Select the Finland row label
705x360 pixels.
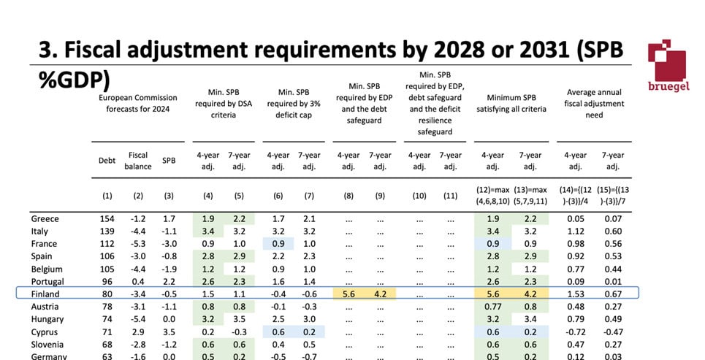(46, 294)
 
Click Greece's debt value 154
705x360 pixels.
(108, 218)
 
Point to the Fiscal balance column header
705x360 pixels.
(138, 161)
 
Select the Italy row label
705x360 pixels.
(41, 231)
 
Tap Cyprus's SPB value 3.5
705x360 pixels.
(169, 332)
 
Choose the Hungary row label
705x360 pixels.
(47, 319)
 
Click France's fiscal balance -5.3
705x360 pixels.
(138, 244)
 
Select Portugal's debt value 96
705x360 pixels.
(108, 281)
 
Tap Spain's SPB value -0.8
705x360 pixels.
(169, 256)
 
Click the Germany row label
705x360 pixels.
(49, 356)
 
